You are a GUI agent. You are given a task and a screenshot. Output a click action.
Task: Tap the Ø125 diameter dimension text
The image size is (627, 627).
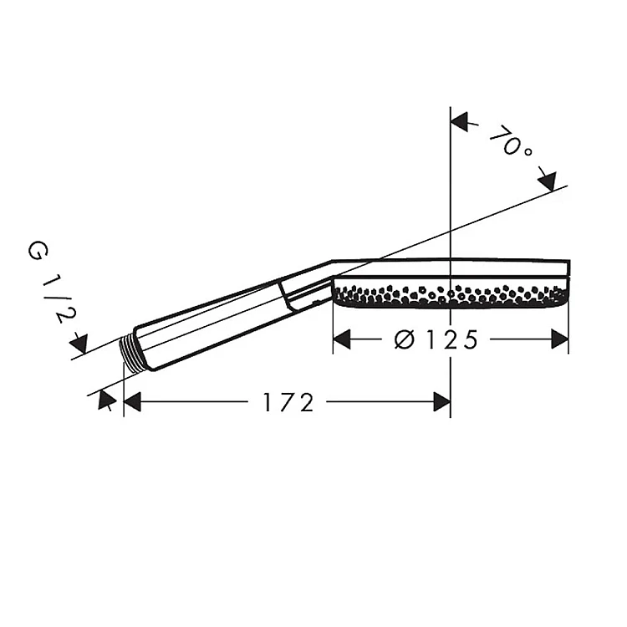pyautogui.click(x=436, y=340)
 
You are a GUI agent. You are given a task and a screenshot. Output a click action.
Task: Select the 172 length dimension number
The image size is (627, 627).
pyautogui.click(x=288, y=402)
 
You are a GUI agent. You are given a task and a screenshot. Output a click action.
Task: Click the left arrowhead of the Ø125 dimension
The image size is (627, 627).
pyautogui.click(x=342, y=339)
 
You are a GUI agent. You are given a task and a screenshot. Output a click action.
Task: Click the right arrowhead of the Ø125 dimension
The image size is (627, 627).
pyautogui.click(x=560, y=339)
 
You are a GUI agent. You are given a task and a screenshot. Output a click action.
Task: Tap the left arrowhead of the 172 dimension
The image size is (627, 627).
pyautogui.click(x=132, y=401)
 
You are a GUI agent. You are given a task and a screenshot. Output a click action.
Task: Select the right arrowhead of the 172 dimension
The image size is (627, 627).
pyautogui.click(x=442, y=401)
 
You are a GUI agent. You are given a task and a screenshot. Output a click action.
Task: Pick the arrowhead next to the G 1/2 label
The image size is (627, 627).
pyautogui.click(x=79, y=344)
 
